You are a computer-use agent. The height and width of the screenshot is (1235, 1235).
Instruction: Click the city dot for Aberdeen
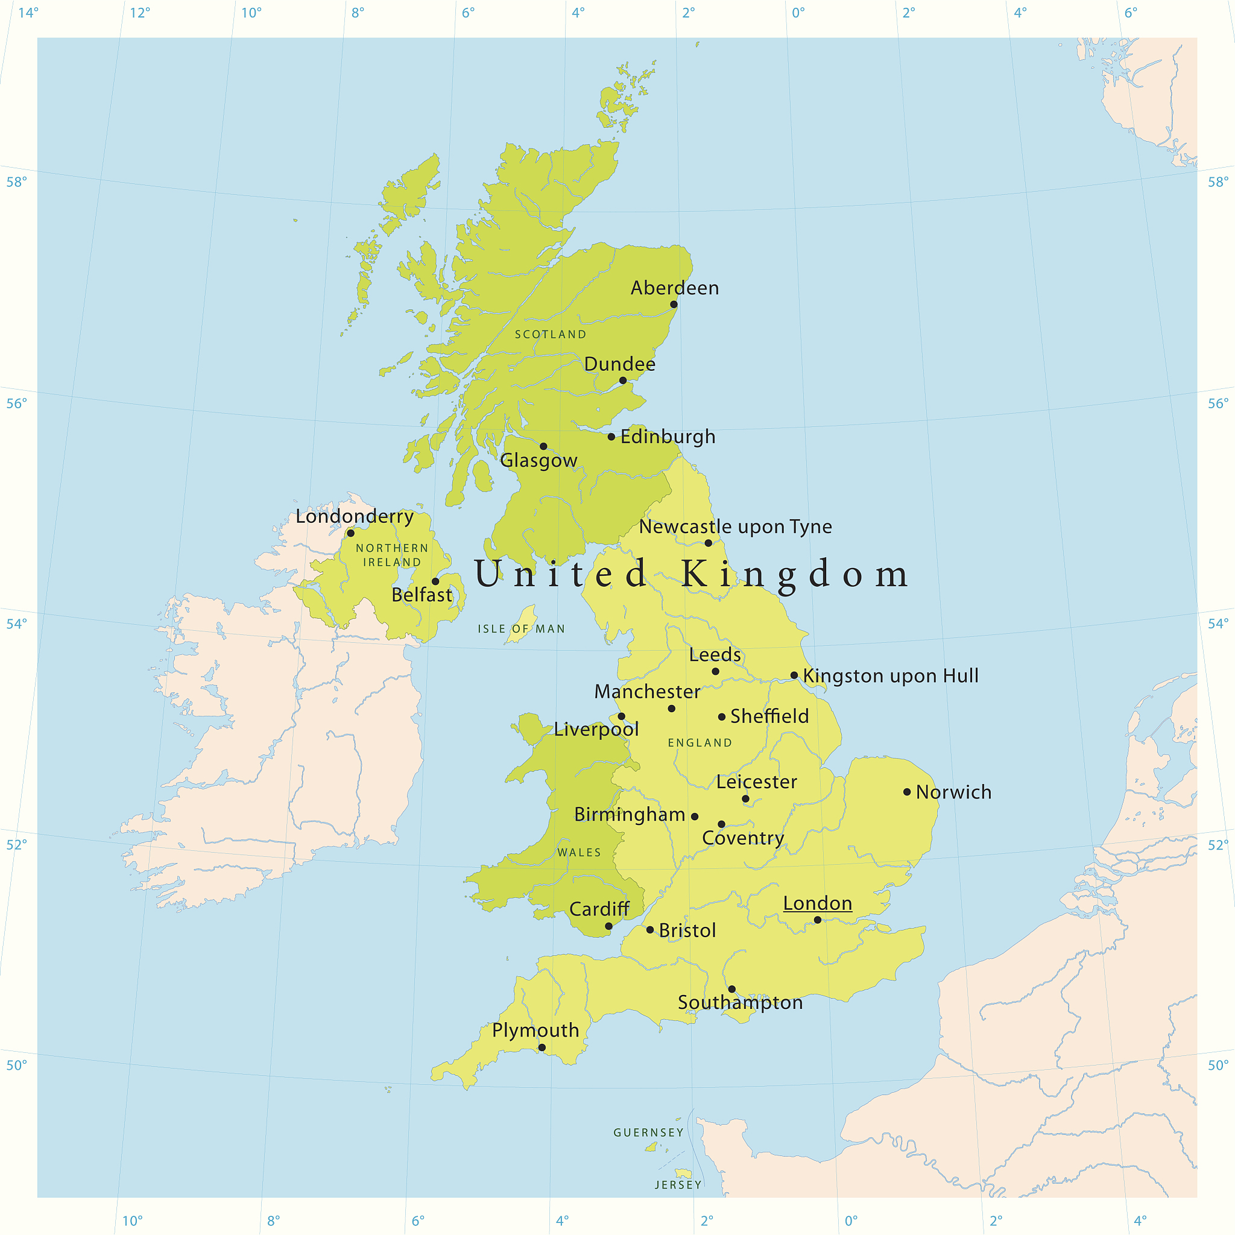(674, 305)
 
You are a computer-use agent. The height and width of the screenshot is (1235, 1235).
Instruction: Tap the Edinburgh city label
(668, 437)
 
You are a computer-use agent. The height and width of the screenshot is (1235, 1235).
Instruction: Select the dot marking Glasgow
(543, 446)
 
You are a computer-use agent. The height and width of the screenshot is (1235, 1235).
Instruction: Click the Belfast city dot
(435, 581)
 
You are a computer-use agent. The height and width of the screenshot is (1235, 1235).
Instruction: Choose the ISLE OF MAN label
(521, 629)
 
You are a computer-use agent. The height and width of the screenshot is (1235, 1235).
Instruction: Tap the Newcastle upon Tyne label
(735, 526)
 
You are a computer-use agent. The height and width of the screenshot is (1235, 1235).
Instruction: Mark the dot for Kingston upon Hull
(794, 675)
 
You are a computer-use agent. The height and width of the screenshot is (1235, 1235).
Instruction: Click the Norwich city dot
(906, 792)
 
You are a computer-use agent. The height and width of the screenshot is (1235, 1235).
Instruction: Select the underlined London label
(818, 903)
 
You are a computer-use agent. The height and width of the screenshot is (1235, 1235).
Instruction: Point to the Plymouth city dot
(542, 1047)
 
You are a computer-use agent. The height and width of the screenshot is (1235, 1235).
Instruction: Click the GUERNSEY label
(649, 1132)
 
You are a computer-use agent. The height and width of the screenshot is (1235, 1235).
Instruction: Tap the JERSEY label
(678, 1185)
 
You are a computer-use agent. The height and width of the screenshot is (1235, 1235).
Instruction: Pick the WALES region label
(579, 853)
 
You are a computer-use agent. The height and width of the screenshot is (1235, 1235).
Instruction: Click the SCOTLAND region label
(551, 334)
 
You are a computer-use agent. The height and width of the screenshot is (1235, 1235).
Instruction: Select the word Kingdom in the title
(795, 574)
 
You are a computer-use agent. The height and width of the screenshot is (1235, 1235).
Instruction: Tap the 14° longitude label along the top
(28, 13)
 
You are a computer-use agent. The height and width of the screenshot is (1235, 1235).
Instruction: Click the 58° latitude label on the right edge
(1218, 182)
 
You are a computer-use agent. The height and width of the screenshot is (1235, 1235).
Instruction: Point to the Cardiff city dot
(608, 926)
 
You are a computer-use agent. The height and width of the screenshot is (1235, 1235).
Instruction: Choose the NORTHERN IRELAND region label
(392, 555)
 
